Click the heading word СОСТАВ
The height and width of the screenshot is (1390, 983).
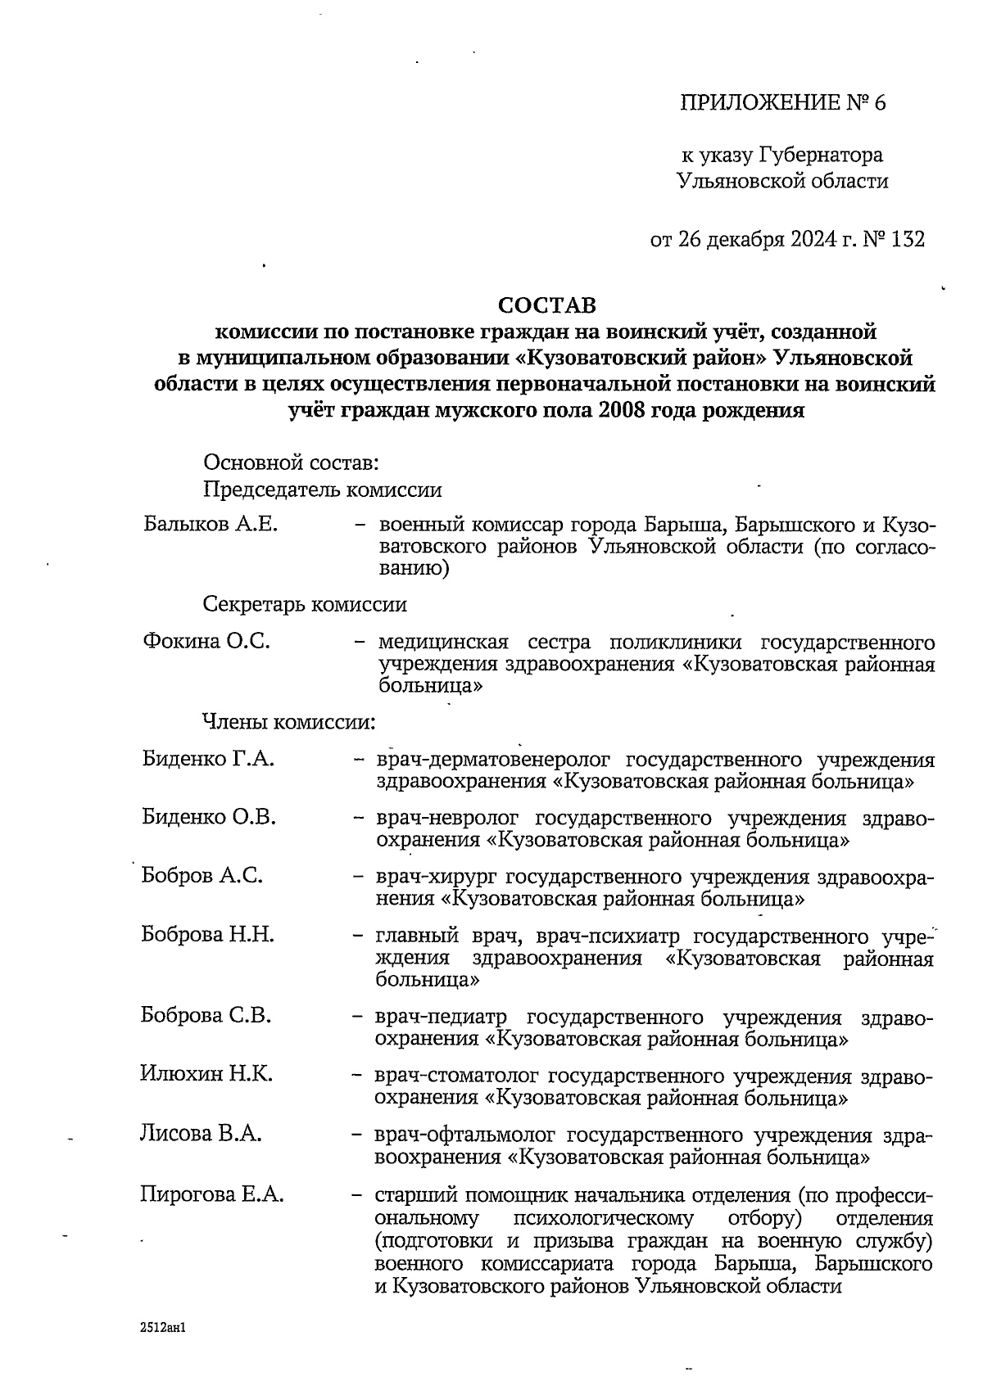pos(548,305)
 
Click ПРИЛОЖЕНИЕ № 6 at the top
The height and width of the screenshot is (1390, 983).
pos(783,103)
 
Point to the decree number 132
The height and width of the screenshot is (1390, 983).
pos(908,239)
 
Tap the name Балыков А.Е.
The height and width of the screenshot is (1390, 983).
pos(211,524)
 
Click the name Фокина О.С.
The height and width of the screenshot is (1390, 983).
pos(206,641)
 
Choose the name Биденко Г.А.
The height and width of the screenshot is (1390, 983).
pos(208,759)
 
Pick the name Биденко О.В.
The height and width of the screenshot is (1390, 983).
pos(209,817)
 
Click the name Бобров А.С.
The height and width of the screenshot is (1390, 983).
pos(202,876)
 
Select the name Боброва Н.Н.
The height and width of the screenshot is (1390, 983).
pos(207,934)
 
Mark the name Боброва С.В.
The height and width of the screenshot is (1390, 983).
pos(206,1016)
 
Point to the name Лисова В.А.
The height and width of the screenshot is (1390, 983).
pos(201,1134)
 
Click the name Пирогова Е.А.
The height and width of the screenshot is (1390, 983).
pos(212,1194)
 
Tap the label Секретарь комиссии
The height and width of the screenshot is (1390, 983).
pos(305,605)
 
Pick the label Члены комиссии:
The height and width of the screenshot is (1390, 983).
pos(289,723)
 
